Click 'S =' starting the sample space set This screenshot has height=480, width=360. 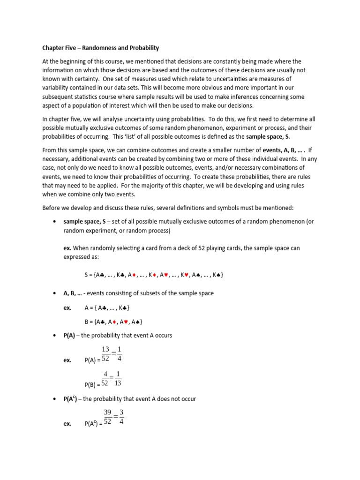(88, 275)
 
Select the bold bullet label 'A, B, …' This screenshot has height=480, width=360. (73, 293)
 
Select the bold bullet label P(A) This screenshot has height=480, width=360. (71, 336)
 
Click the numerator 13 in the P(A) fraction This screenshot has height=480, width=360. (106, 350)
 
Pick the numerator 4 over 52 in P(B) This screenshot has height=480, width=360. (106, 374)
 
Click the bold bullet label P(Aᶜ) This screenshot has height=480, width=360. (73, 399)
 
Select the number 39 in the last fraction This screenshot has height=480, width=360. (108, 412)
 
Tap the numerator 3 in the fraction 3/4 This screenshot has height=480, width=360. (121, 412)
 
